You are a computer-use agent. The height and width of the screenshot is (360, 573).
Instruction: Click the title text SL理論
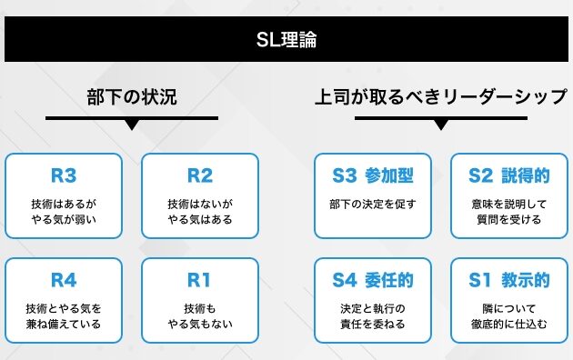tap(286, 39)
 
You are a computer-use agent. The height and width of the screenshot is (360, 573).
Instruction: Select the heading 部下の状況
tap(132, 97)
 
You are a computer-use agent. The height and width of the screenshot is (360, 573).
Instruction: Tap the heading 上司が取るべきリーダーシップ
tap(441, 97)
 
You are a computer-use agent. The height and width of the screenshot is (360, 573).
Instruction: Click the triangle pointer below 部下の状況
tap(132, 125)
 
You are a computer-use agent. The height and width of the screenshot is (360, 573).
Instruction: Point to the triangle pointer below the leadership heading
tap(441, 125)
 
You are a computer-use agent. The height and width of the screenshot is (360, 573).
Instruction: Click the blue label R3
tap(64, 175)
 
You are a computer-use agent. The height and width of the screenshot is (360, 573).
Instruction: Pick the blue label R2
tap(200, 175)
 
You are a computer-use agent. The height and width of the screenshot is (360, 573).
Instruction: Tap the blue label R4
tap(64, 280)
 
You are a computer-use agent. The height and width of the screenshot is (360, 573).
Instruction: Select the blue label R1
tap(199, 280)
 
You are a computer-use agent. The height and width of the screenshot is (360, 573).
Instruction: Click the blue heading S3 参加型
tap(373, 175)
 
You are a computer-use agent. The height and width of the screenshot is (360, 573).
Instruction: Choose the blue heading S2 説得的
tap(509, 175)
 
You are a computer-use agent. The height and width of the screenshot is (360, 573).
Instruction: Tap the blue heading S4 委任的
tap(373, 280)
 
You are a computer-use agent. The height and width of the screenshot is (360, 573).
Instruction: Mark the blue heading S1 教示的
tap(509, 280)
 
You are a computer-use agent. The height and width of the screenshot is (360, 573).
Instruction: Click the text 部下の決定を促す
tap(373, 205)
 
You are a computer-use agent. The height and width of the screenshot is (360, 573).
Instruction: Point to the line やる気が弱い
tap(64, 219)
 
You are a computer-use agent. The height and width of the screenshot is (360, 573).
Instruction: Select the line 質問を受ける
tap(509, 219)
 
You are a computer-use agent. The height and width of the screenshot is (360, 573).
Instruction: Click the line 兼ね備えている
tap(64, 324)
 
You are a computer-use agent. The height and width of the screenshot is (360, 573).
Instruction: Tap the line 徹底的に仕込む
tap(509, 324)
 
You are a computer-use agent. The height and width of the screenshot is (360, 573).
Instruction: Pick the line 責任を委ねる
tap(373, 324)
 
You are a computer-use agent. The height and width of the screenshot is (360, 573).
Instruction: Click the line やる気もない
tap(200, 324)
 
